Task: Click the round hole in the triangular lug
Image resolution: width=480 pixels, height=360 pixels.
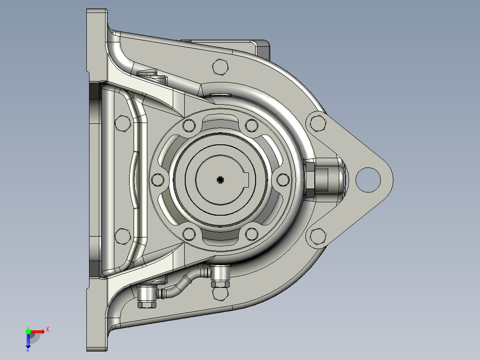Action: click(368, 179)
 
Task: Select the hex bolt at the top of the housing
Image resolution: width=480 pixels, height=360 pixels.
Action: click(220, 67)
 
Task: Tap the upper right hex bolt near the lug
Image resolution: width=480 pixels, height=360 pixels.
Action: click(317, 123)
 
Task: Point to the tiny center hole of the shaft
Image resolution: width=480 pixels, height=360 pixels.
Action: click(220, 180)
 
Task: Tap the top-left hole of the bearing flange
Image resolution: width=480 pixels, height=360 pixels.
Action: click(189, 126)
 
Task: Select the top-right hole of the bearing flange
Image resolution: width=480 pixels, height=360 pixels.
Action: click(252, 126)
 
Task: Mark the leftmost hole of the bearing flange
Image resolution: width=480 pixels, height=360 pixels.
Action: click(158, 180)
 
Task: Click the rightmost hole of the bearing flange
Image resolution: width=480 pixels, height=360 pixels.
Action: click(283, 180)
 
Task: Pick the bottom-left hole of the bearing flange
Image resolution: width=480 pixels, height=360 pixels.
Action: click(189, 233)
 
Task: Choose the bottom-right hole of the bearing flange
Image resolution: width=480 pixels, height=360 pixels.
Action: click(252, 233)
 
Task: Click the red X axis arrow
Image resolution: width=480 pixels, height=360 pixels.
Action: click(40, 331)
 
